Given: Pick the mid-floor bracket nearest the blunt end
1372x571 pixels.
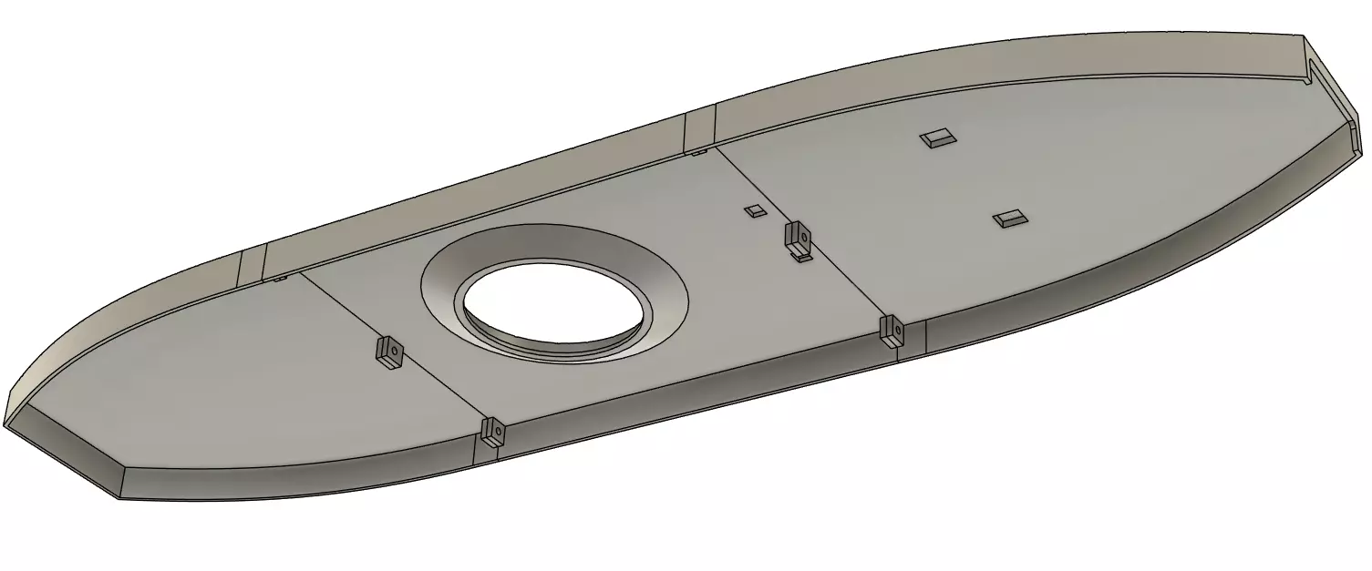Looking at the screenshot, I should [799, 237].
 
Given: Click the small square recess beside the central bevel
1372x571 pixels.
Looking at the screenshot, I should [754, 211].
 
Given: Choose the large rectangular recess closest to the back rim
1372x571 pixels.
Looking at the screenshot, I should [937, 138].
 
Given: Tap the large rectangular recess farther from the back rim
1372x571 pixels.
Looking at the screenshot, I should [1009, 218].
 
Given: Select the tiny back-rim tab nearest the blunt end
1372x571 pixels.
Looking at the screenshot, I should [697, 152].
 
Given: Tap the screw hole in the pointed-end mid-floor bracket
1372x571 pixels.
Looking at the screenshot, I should [389, 348].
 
